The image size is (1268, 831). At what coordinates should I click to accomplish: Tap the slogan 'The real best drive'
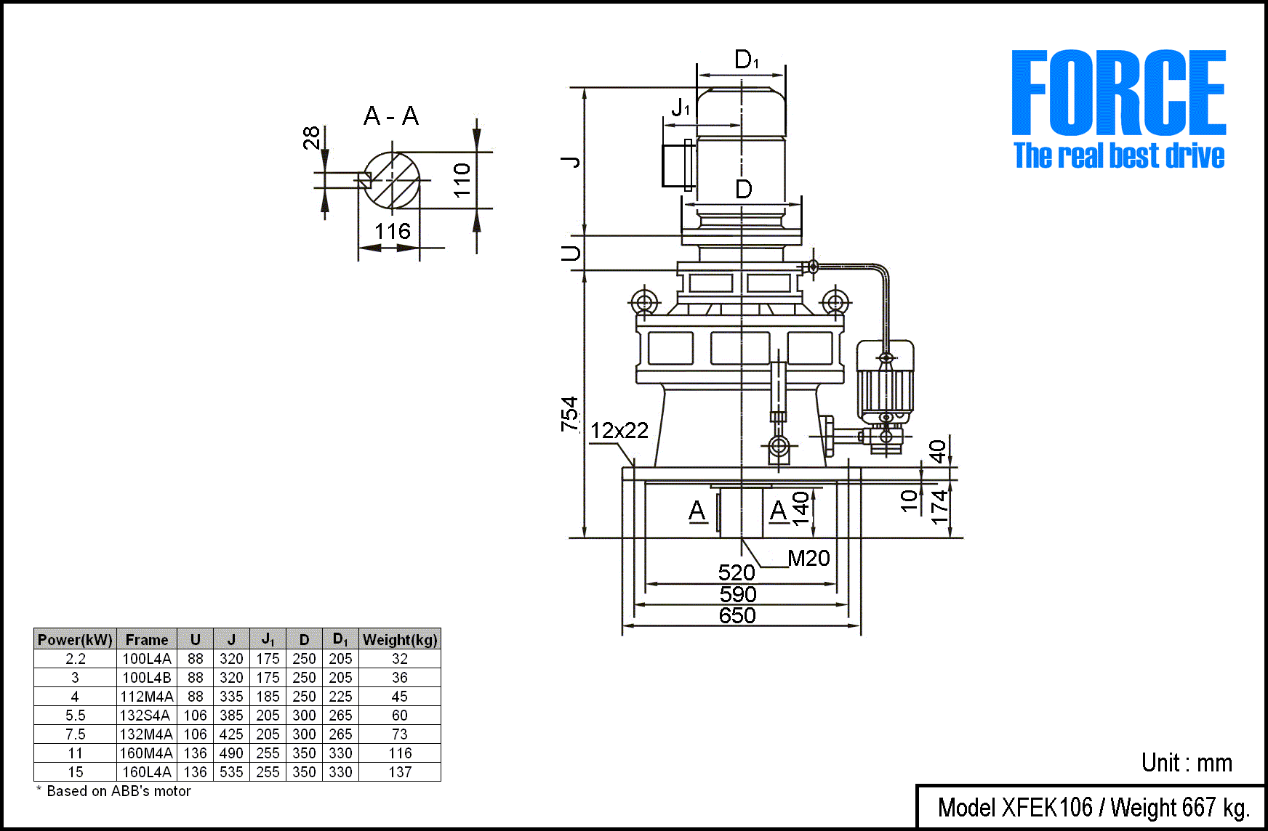[x=1119, y=156]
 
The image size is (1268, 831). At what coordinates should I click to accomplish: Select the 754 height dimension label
[x=570, y=414]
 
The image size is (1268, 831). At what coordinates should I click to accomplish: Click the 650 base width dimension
[x=737, y=616]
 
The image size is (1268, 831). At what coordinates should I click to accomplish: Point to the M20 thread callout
[x=808, y=558]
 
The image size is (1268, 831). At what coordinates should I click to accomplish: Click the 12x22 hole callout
[x=619, y=431]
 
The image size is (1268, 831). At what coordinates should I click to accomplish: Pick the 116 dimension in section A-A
[x=393, y=232]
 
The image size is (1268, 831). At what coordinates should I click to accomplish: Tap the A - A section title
[x=391, y=116]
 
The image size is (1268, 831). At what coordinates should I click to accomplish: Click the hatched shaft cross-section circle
[x=393, y=180]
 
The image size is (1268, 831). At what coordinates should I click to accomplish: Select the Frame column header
[x=147, y=640]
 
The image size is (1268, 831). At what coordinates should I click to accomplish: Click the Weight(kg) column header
[x=400, y=640]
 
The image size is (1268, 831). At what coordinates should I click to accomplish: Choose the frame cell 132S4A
[x=147, y=716]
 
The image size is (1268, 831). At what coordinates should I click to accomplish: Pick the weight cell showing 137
[x=400, y=772]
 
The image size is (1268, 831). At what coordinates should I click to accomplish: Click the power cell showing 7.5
[x=76, y=734]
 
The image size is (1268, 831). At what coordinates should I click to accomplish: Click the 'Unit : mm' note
[x=1187, y=763]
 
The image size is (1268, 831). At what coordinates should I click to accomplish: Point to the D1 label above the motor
[x=746, y=60]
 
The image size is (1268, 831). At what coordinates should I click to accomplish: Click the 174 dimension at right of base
[x=939, y=506]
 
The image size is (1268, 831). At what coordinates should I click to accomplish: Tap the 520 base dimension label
[x=737, y=572]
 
